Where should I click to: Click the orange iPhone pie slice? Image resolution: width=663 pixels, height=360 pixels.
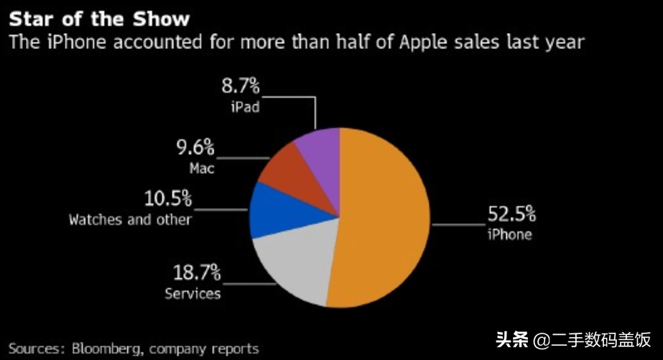click(388, 216)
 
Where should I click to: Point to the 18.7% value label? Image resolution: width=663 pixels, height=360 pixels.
click(195, 273)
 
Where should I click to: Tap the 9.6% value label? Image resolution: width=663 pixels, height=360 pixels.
click(195, 148)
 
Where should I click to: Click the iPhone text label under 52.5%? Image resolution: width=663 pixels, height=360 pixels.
click(509, 234)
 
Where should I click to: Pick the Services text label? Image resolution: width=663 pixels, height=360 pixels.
click(193, 293)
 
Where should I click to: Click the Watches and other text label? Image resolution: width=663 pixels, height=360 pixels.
click(130, 219)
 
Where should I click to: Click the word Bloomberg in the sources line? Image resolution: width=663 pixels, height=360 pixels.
click(107, 349)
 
